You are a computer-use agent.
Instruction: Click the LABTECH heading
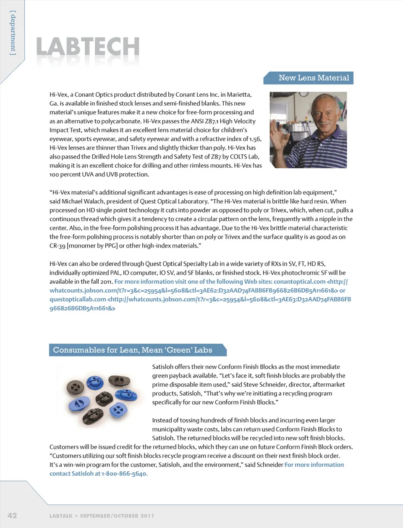(88, 47)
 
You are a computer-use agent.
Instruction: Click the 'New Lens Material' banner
(313, 78)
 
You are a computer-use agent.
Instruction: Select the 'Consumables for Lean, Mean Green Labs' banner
(133, 350)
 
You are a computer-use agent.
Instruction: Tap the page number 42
(12, 515)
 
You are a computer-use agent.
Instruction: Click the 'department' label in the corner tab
(13, 33)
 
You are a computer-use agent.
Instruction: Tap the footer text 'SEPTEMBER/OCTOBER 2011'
(117, 516)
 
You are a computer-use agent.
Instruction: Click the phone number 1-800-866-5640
(124, 474)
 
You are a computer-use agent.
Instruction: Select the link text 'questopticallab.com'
(78, 299)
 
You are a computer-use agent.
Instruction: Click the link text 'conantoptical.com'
(299, 282)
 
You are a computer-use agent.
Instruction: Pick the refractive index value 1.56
(255, 139)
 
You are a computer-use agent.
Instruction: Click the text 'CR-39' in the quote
(57, 246)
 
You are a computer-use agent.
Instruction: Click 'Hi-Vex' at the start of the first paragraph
(58, 95)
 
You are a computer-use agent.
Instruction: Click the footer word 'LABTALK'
(61, 516)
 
